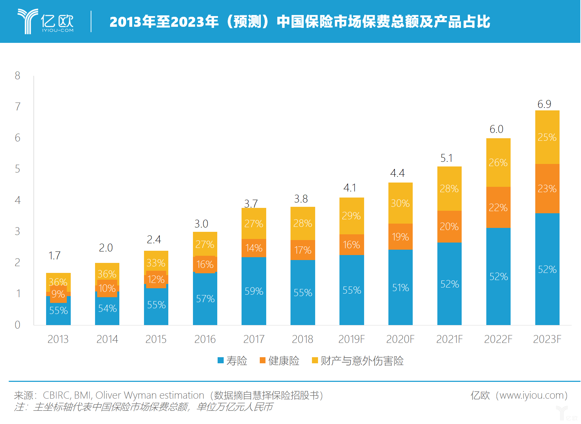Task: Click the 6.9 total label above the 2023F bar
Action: (544, 104)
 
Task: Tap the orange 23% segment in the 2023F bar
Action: (547, 189)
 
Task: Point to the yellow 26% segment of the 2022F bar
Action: (498, 163)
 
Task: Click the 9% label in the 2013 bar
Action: (58, 294)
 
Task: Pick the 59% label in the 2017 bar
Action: (254, 291)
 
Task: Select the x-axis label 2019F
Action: (352, 339)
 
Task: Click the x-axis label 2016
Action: (205, 339)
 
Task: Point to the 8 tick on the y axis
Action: (18, 76)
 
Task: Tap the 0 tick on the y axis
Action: (18, 325)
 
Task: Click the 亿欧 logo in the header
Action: (46, 22)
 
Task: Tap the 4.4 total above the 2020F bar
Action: (397, 173)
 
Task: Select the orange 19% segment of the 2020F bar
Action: (400, 237)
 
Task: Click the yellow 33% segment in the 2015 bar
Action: (156, 263)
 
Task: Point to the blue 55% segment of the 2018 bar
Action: (303, 293)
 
